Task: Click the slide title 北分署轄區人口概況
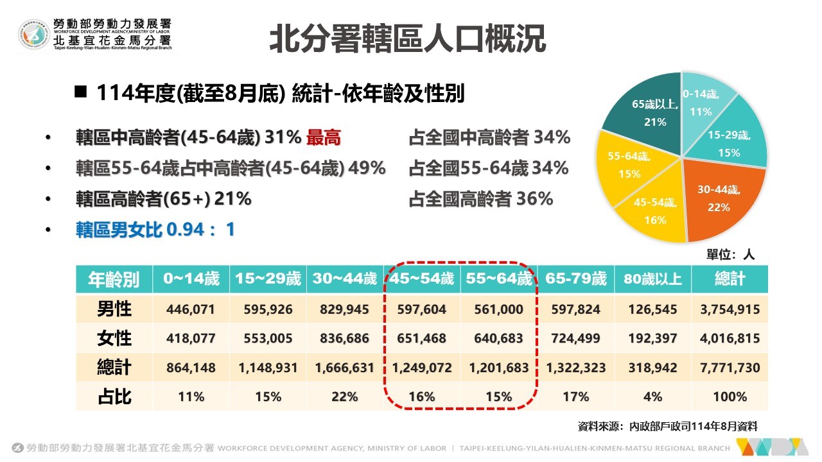point(407,39)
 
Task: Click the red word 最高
point(324,138)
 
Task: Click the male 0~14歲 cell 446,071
point(191,310)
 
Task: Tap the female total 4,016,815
point(730,339)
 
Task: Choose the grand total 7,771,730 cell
point(730,368)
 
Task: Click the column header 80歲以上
point(652,279)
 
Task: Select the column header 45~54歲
point(421,279)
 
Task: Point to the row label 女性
point(114,339)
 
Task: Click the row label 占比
point(114,397)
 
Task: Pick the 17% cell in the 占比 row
point(575,397)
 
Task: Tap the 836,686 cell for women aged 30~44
point(344,339)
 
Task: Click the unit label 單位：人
point(731,255)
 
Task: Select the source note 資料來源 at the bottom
point(668,426)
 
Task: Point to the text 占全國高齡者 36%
point(480,199)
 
